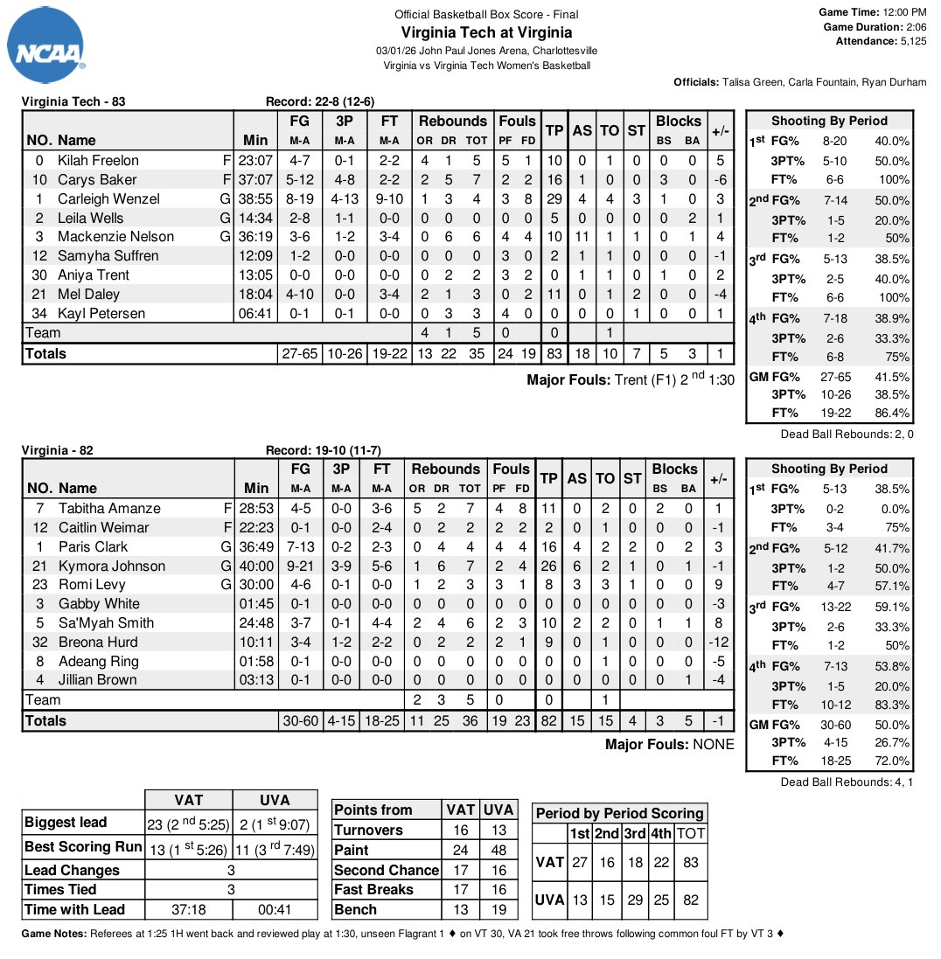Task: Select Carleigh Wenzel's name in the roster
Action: [x=108, y=198]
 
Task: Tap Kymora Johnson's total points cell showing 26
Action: [x=549, y=566]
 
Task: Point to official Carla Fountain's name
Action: [x=802, y=82]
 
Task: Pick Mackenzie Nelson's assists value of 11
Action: [x=582, y=237]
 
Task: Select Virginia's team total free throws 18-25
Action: [x=381, y=721]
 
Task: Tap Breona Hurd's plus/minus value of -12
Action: [x=721, y=642]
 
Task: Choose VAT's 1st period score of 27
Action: [x=579, y=862]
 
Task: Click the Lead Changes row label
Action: [x=72, y=870]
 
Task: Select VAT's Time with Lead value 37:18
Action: [x=188, y=909]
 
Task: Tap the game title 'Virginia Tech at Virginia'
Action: [x=486, y=33]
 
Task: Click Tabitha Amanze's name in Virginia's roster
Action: [x=109, y=508]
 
